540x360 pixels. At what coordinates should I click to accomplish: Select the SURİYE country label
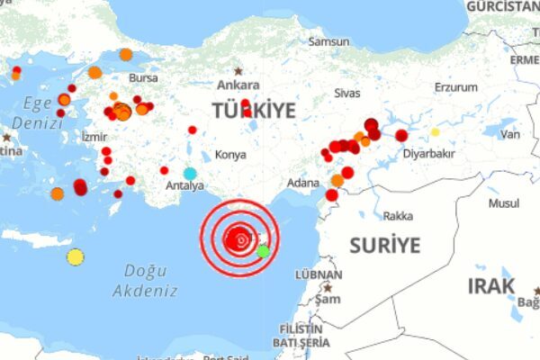pos(384,244)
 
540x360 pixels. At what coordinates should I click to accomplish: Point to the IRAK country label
pos(491,286)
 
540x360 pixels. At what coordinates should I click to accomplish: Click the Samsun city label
pos(329,41)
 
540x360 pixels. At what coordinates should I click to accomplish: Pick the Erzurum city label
pos(456,87)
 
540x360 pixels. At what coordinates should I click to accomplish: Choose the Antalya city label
pos(186,186)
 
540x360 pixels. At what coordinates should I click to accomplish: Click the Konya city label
pos(231,155)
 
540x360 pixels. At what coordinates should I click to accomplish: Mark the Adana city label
pos(302,184)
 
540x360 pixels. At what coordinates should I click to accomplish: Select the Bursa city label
pos(143,78)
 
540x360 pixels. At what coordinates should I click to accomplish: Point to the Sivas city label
pos(346,92)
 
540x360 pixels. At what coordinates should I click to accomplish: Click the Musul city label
pos(504,203)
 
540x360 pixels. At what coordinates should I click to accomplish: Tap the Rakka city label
pos(398,216)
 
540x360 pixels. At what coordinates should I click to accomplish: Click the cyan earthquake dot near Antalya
pos(190,173)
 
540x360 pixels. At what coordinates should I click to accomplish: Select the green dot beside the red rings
pos(263,251)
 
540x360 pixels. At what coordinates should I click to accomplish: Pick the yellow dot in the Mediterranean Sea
pos(76,257)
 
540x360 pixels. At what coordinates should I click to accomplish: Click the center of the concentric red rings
pos(239,240)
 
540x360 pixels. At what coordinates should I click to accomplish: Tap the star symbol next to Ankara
pos(238,70)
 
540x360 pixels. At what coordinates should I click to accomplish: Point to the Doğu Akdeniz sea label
pos(144,280)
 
